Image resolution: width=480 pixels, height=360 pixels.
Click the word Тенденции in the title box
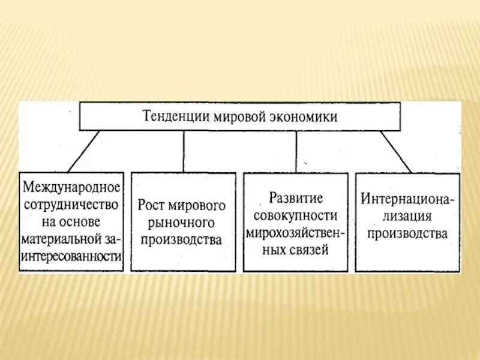click(174, 116)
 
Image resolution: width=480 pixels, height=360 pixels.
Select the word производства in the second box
click(183, 239)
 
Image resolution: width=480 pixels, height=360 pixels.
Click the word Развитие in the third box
click(296, 198)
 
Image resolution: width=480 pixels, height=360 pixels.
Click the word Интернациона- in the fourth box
click(408, 198)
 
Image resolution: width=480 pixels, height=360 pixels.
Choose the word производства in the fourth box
click(408, 233)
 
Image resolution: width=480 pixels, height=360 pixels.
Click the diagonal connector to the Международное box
click(84, 151)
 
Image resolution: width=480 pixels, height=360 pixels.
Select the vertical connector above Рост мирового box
click(184, 151)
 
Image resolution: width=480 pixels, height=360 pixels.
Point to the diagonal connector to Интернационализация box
click(395, 151)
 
